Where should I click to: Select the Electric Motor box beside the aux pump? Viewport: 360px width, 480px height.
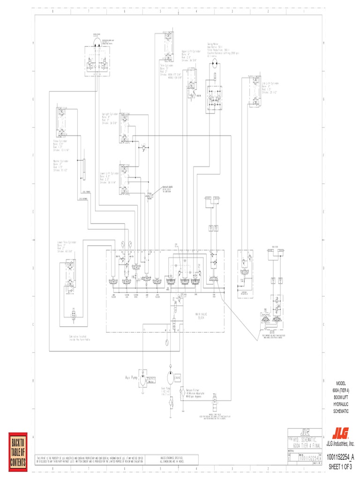[x=150, y=379]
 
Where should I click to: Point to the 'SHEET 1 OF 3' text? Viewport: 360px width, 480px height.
[x=340, y=467]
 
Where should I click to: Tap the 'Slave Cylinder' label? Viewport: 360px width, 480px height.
[x=60, y=141]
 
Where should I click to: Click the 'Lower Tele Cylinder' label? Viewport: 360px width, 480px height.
[x=66, y=243]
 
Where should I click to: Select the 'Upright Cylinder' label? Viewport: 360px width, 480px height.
[x=109, y=114]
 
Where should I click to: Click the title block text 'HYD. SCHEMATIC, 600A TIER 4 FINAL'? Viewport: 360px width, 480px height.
[x=303, y=442]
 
